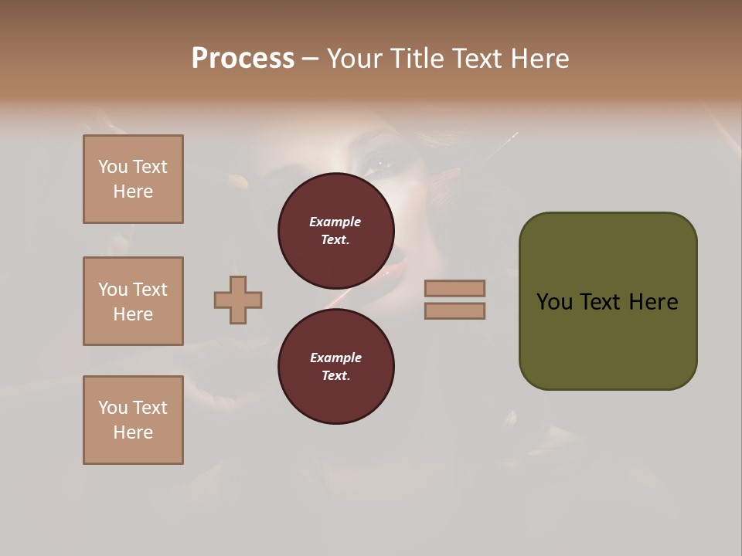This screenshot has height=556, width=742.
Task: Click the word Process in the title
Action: click(x=243, y=59)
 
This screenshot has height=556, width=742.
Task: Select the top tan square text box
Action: click(x=133, y=179)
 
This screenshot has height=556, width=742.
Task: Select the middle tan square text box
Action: click(x=133, y=301)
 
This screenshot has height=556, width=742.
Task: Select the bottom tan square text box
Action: click(x=133, y=420)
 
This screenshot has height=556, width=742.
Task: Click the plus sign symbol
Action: click(x=238, y=300)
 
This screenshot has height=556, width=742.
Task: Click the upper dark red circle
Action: click(x=336, y=231)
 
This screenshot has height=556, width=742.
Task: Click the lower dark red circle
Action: click(x=336, y=367)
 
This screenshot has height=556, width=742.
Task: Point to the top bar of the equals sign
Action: click(x=454, y=288)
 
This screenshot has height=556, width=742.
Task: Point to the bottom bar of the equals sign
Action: click(x=454, y=310)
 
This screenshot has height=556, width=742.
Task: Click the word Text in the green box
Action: click(x=600, y=302)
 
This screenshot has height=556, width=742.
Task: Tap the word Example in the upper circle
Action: click(x=335, y=222)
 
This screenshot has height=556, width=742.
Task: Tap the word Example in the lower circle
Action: click(x=335, y=358)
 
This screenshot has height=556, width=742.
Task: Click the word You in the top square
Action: click(x=112, y=167)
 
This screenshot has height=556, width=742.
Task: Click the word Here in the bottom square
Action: click(x=133, y=432)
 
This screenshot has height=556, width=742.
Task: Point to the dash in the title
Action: click(x=310, y=59)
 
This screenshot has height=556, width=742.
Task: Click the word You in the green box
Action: click(x=554, y=302)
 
